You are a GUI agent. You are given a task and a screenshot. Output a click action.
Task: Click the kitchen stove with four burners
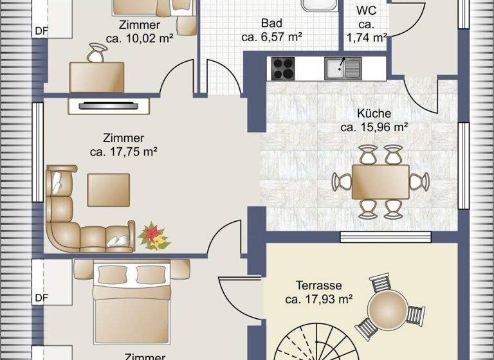[283, 67]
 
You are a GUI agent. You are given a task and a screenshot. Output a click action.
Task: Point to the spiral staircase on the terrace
[315, 344]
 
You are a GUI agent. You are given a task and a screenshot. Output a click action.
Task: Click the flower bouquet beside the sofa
[154, 236]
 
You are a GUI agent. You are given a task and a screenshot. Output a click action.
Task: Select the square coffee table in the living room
[108, 190]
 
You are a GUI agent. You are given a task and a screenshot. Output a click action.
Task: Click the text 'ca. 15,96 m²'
[374, 127]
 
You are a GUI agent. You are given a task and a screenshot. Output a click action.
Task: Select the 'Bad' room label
[271, 23]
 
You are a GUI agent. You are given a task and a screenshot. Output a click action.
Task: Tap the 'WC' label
[367, 11]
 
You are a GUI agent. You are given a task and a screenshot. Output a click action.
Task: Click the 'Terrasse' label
[318, 285]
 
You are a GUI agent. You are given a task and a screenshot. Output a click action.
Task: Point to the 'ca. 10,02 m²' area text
[140, 39]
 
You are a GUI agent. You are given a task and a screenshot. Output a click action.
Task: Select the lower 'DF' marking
[41, 298]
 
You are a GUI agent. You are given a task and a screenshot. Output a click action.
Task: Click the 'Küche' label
[374, 113]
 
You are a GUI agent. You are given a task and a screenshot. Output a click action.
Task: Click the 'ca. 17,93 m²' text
[319, 299]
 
